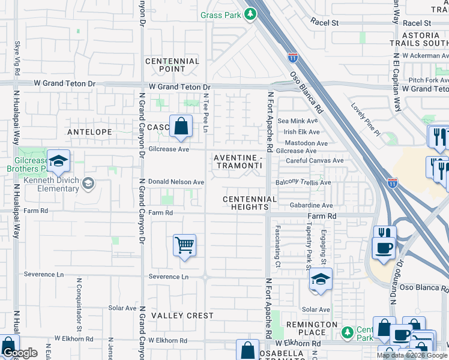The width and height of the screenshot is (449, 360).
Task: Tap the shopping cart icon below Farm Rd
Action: click(185, 245)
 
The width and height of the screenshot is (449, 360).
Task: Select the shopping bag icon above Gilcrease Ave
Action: click(181, 126)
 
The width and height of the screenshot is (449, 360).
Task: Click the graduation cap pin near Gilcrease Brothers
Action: click(58, 161)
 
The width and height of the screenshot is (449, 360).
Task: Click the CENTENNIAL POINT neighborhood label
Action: click(172, 65)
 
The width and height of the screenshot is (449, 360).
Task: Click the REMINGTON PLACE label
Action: click(312, 329)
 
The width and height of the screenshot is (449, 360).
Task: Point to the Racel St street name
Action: click(325, 22)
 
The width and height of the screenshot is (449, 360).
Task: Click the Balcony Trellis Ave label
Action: click(303, 182)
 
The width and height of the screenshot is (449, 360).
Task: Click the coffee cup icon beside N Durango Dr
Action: click(384, 247)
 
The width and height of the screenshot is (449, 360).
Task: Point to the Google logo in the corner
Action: click(20, 353)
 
